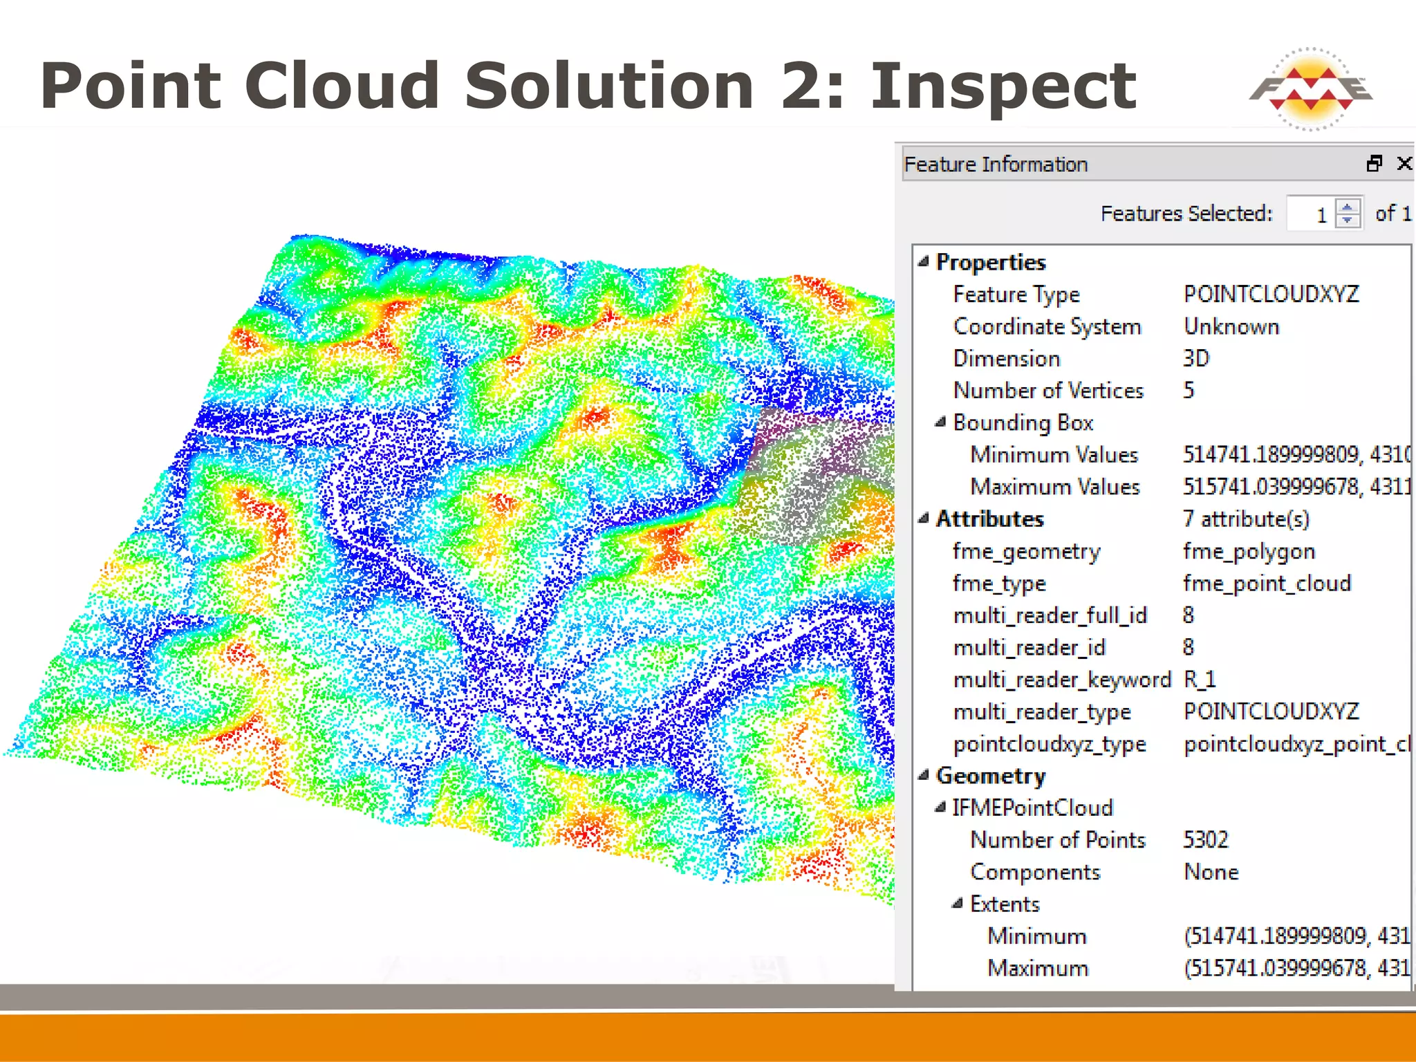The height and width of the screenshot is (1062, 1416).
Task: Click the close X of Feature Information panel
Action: [1404, 163]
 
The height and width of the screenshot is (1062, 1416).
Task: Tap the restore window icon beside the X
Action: [1375, 163]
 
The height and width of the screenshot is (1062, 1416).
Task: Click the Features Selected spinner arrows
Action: [1347, 213]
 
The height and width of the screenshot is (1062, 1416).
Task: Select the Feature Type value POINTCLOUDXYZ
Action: [1271, 295]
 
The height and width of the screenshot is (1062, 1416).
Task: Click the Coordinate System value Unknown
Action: [1231, 326]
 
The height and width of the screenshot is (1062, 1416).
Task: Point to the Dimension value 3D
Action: [1196, 358]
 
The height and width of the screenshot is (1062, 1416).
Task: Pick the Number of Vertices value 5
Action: [1189, 390]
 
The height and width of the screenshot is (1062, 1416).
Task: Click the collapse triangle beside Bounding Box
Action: [940, 422]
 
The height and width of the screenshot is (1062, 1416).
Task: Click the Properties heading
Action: [991, 263]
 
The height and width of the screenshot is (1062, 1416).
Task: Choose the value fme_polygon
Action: [1249, 551]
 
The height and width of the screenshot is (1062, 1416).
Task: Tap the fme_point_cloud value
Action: [1267, 583]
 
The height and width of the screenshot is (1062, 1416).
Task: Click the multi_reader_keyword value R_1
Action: [1200, 679]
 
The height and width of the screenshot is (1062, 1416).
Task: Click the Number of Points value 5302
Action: [1206, 839]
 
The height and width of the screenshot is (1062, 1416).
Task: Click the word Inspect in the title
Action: [1003, 86]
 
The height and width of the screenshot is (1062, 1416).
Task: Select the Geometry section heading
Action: [991, 776]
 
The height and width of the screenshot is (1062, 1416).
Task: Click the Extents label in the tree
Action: [1005, 904]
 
